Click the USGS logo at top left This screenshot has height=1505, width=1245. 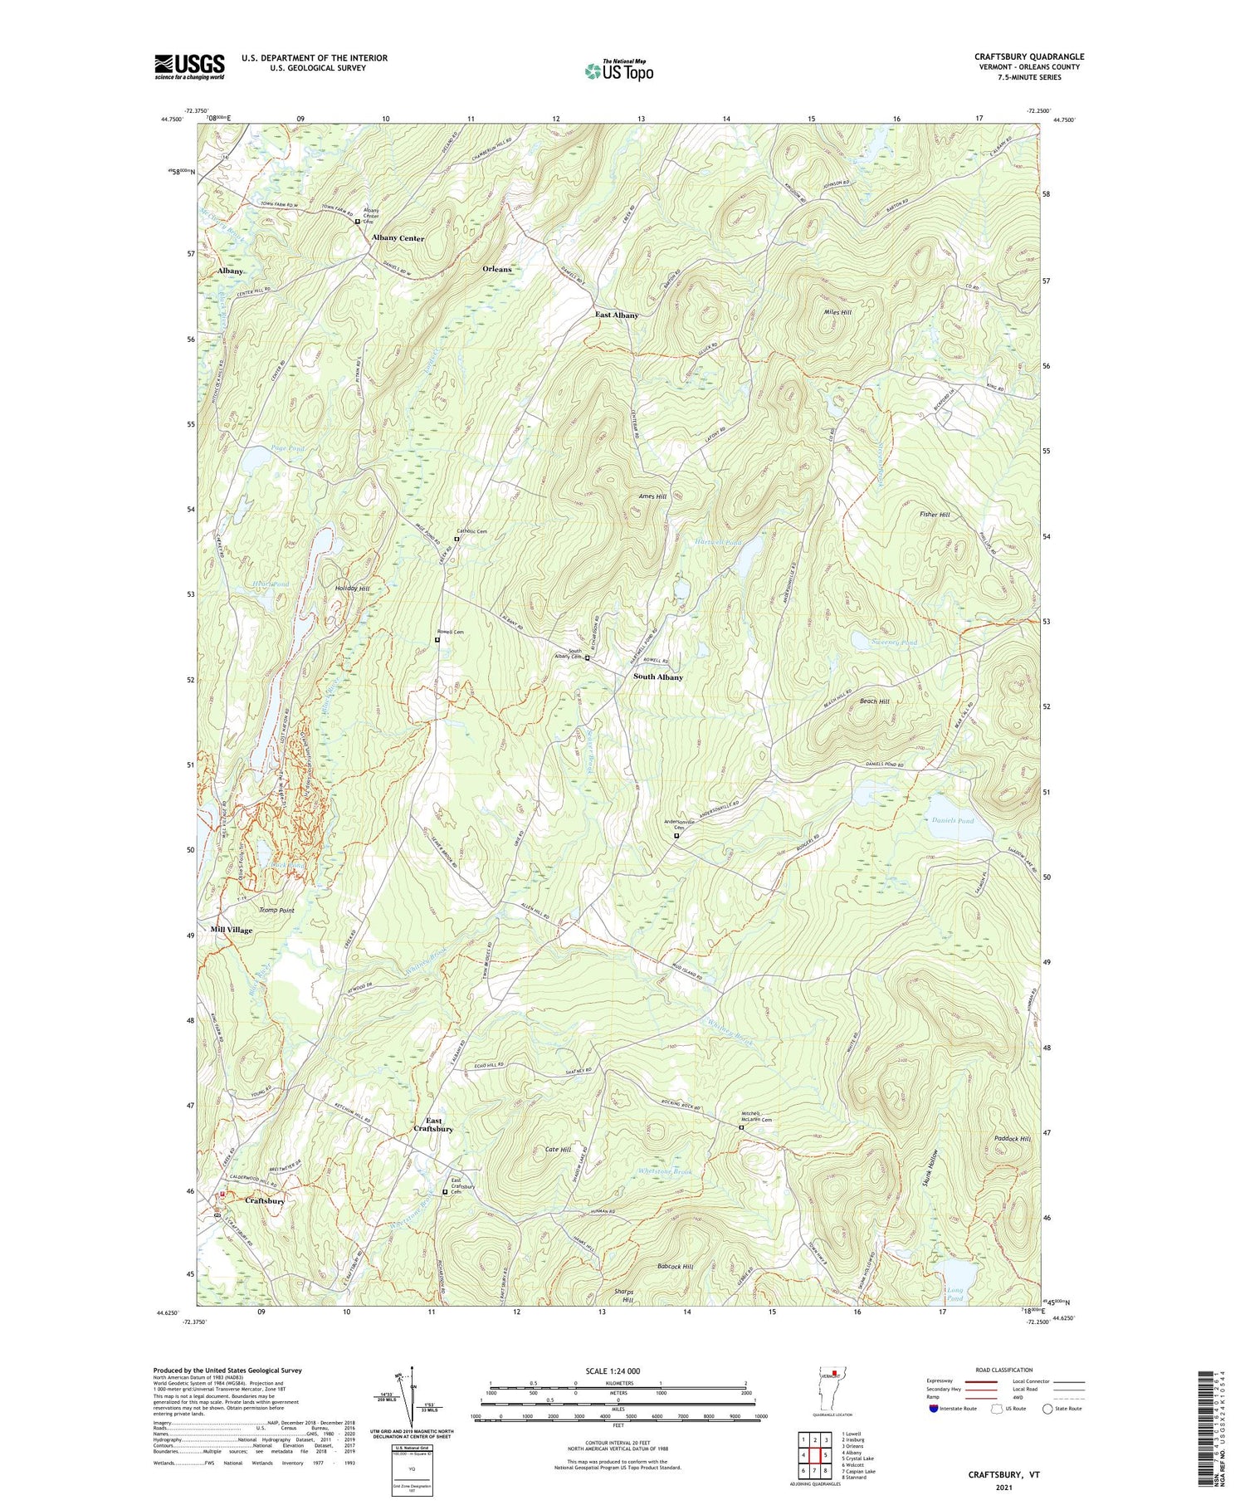click(189, 66)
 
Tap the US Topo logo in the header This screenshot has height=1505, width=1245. click(618, 71)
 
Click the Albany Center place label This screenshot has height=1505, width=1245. click(398, 238)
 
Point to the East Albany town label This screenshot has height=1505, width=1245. click(617, 315)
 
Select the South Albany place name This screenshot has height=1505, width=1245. click(658, 677)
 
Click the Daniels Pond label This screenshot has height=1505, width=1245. click(954, 820)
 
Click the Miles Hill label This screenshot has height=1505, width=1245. click(837, 312)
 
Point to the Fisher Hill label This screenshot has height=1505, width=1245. click(934, 515)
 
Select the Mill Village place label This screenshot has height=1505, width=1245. click(232, 930)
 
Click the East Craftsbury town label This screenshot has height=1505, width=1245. click(433, 1125)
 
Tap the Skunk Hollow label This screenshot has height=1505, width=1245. click(934, 1174)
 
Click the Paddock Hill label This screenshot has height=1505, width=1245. click(1012, 1139)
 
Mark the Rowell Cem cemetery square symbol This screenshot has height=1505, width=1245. click(437, 640)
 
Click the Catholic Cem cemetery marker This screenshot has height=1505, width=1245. click(456, 539)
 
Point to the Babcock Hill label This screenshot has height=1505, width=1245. click(675, 1267)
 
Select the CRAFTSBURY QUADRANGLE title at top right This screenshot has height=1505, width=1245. click(1028, 56)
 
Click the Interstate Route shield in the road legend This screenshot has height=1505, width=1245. click(934, 1409)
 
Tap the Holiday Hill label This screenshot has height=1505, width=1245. click(352, 589)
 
